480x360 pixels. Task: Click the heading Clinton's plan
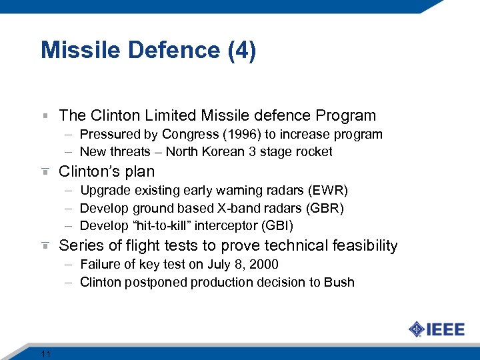point(107,171)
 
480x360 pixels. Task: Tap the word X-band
point(229,208)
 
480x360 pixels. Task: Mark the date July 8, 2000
point(241,264)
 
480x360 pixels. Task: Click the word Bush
point(339,282)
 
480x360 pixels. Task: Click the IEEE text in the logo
point(445,330)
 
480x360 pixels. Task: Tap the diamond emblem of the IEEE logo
point(416,330)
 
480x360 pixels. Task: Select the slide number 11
point(46,353)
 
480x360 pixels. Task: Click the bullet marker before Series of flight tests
point(45,245)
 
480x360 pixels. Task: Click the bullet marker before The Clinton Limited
point(45,116)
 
